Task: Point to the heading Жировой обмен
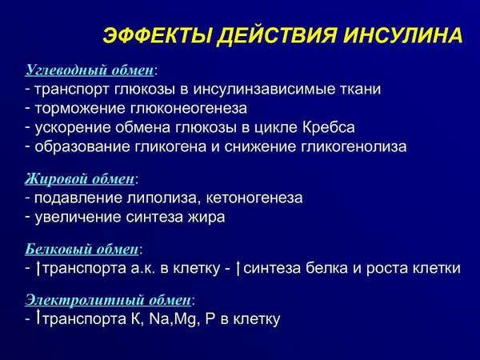pos(80,178)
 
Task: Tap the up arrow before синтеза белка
pos(238,268)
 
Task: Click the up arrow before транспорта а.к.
pos(38,268)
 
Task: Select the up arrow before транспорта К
pos(38,319)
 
